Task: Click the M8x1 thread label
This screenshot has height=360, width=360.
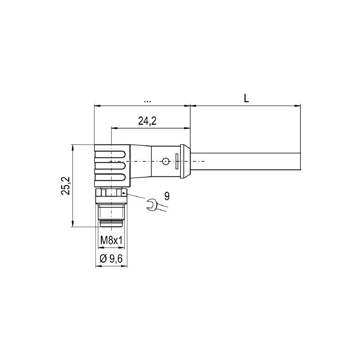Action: coord(111,241)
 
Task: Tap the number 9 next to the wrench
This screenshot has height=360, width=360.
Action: coord(167,196)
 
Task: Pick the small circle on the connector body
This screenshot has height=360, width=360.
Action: coord(166,161)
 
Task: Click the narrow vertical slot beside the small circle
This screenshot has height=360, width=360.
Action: coord(177,161)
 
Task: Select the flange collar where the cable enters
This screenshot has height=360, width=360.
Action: coord(185,161)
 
